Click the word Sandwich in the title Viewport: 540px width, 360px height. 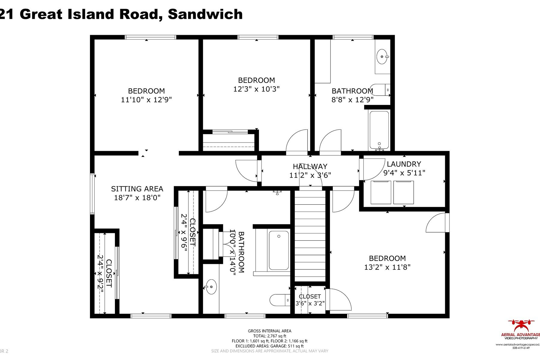[x=205, y=14]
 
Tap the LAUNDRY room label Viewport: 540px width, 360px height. [x=404, y=164]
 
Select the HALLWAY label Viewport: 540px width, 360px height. [x=310, y=166]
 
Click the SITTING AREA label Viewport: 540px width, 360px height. [x=137, y=189]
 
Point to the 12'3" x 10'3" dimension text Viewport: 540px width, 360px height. [x=256, y=89]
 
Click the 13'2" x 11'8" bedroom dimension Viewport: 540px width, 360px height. [x=387, y=267]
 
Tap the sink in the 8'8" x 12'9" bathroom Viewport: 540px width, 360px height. [x=382, y=57]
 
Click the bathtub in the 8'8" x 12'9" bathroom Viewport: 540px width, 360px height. [x=379, y=130]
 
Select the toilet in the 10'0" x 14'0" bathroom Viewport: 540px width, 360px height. [x=279, y=300]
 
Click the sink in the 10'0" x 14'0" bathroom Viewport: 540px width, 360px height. [x=211, y=287]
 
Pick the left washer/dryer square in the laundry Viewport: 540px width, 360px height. [x=380, y=193]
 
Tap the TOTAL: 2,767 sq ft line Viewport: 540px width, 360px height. [x=269, y=336]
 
